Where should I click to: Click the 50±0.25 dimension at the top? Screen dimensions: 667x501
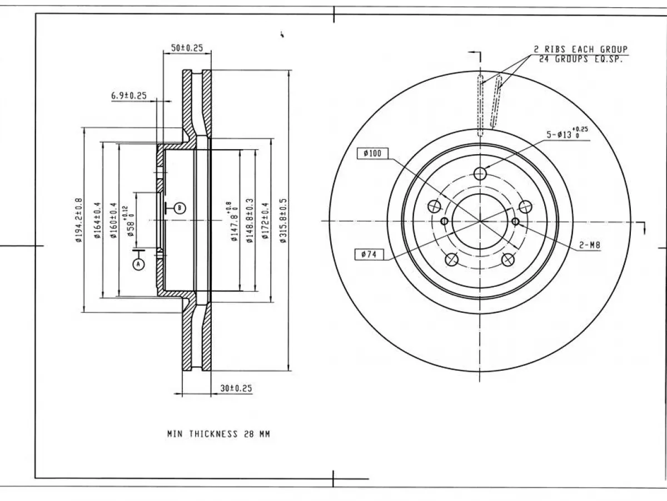click(x=187, y=48)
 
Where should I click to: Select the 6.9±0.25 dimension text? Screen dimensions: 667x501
click(x=129, y=96)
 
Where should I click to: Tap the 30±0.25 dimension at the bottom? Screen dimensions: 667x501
click(x=236, y=388)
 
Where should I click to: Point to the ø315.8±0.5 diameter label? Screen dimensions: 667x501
click(x=283, y=220)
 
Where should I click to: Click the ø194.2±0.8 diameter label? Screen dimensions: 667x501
click(x=78, y=220)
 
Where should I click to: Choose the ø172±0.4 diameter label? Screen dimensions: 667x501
click(x=265, y=221)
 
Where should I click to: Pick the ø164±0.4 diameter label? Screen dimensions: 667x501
click(x=97, y=220)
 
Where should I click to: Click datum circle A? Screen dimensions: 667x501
click(x=139, y=264)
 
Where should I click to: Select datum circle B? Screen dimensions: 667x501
click(x=180, y=208)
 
